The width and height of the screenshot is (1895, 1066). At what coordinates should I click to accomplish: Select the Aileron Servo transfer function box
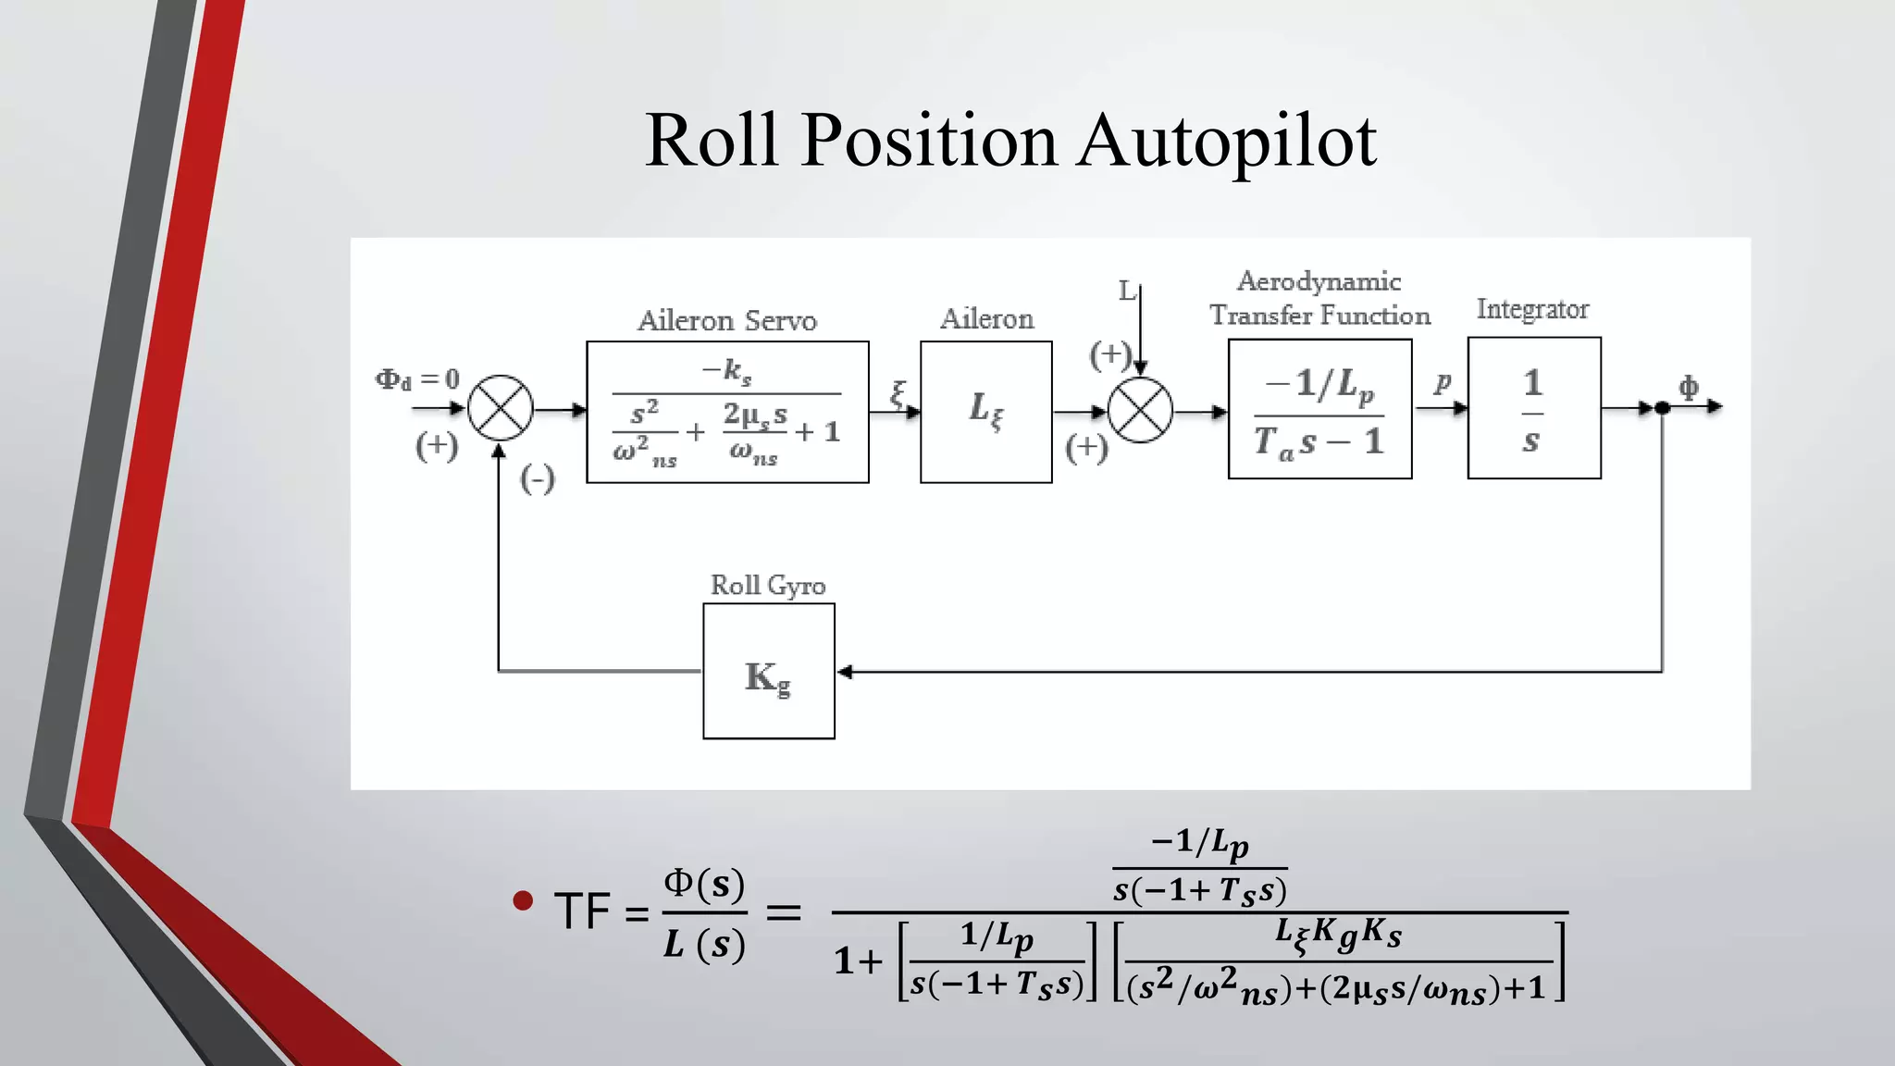tap(727, 412)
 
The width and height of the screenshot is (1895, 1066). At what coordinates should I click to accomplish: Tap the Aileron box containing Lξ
tap(985, 412)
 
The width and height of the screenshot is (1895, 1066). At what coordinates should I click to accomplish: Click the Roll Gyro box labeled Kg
tap(768, 672)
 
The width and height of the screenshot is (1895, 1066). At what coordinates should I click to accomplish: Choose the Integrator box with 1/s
tap(1533, 408)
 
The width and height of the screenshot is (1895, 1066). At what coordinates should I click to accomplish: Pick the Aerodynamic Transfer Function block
tap(1319, 409)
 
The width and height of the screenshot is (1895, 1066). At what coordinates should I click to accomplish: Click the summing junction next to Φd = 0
tap(501, 408)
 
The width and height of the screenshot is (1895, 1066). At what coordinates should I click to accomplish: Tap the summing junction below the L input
tap(1140, 410)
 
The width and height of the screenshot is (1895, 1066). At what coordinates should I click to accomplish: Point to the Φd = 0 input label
tap(416, 379)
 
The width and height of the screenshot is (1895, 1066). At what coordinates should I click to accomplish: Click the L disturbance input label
tap(1126, 291)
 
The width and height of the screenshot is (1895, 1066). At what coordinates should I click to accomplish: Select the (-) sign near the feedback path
tap(538, 479)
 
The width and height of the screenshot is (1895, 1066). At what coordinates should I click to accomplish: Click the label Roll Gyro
tap(767, 586)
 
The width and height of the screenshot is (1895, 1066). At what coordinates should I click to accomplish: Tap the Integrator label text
tap(1532, 309)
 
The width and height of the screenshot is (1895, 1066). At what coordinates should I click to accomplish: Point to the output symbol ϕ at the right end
tap(1689, 387)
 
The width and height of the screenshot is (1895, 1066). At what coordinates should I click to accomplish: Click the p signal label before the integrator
tap(1443, 381)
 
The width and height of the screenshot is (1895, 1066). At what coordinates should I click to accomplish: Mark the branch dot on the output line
tap(1662, 408)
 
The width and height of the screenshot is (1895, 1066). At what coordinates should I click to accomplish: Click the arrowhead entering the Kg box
tap(844, 672)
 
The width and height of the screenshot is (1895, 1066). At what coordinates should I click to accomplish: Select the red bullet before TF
tap(523, 900)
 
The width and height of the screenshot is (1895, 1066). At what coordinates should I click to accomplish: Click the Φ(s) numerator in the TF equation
tap(704, 884)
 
